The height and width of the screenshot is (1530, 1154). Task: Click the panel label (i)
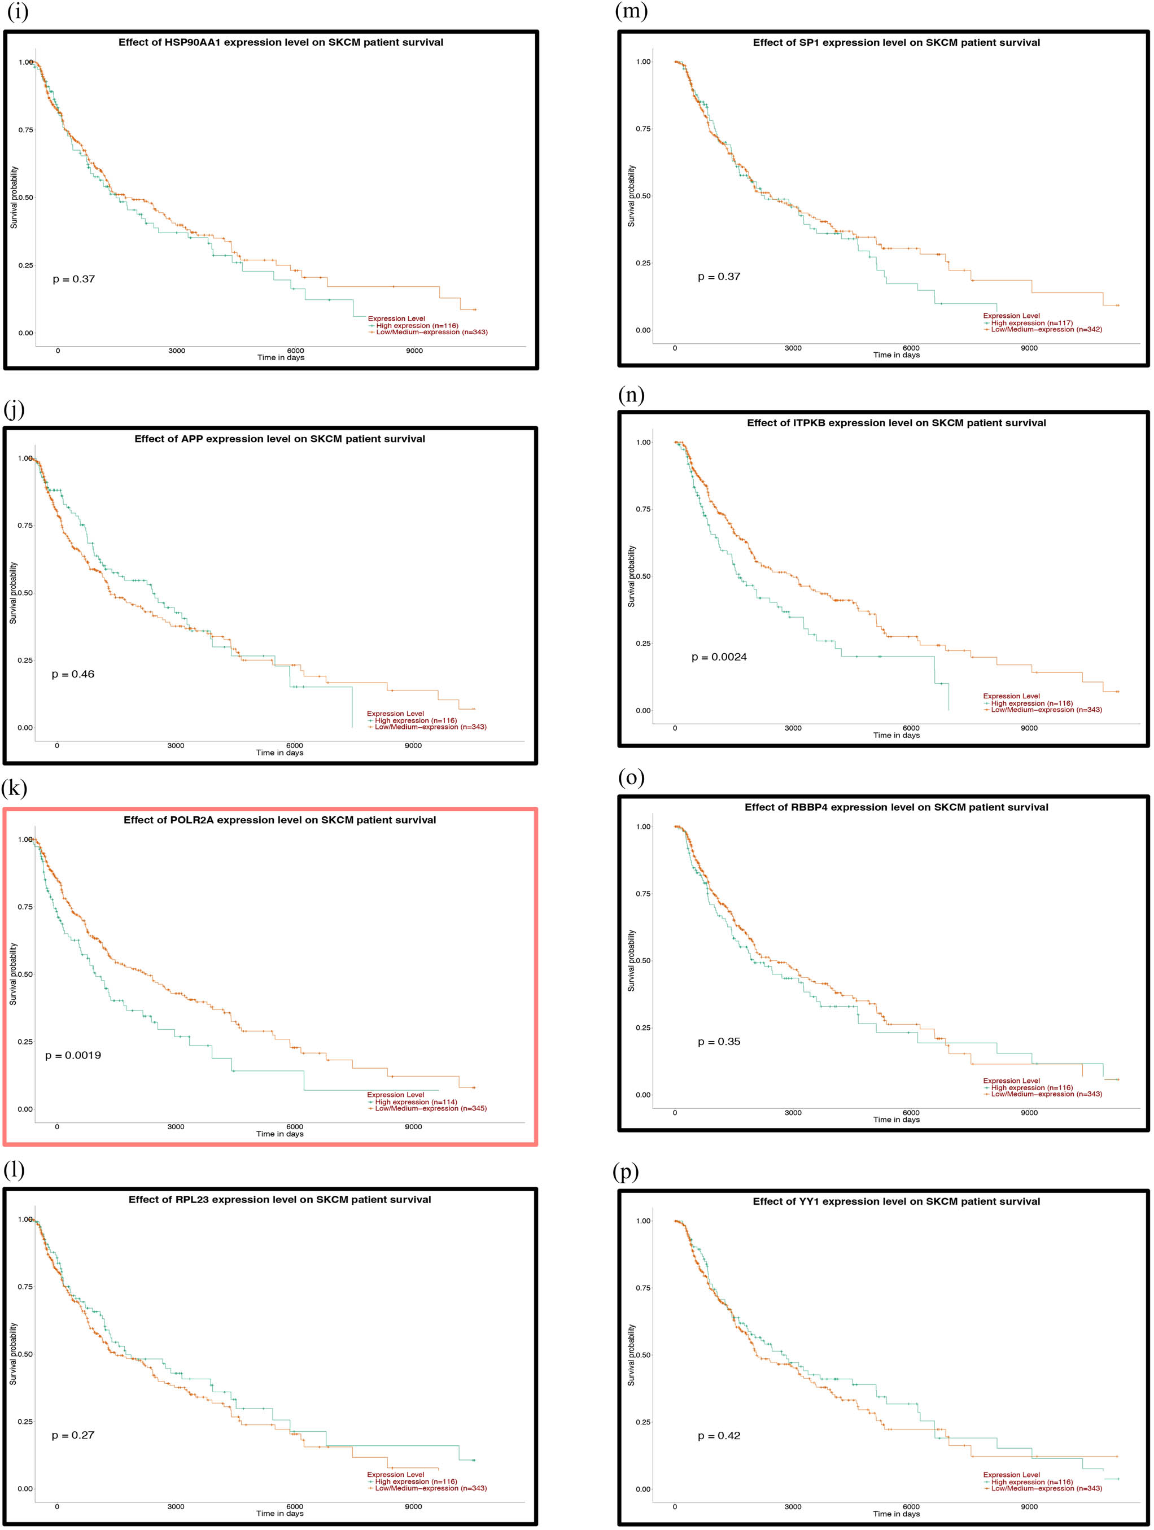16,12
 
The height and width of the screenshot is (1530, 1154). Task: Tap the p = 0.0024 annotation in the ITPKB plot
719,657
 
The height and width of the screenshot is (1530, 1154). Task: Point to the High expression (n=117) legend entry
1031,323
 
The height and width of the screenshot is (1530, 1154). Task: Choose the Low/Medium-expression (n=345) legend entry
430,1109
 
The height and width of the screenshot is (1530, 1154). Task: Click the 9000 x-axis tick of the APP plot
413,746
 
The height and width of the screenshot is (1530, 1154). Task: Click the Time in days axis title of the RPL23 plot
279,1514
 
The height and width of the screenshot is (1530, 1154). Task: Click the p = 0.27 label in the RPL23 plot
73,1435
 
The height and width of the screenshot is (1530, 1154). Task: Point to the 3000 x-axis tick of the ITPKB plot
793,728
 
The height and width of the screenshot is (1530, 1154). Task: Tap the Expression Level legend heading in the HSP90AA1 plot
396,319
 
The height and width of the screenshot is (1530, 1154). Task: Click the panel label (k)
14,789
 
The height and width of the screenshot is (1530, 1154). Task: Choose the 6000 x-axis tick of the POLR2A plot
294,1127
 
